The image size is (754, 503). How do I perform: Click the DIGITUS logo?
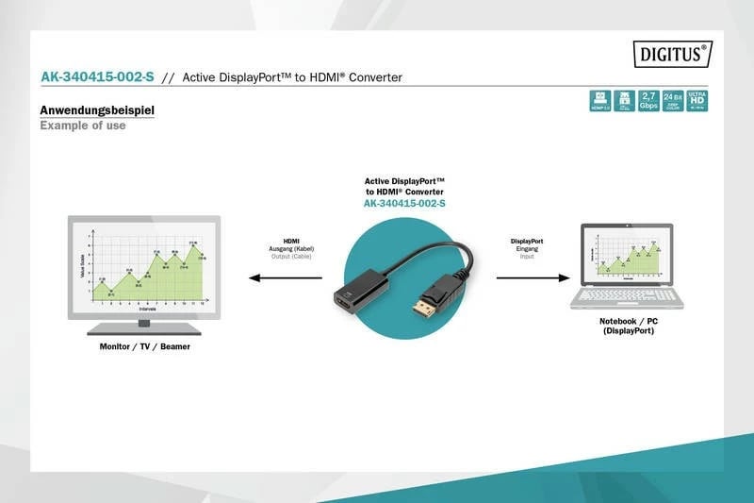coord(672,54)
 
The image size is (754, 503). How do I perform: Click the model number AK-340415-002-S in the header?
coord(97,76)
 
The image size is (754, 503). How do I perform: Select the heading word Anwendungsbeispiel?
coord(97,110)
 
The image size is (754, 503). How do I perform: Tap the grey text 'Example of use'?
coord(82,126)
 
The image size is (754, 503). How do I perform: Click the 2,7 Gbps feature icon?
coord(648,101)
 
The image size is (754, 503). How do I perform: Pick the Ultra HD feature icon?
coord(697,101)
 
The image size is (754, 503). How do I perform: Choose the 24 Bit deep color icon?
coord(673,101)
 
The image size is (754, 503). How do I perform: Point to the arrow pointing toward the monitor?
coord(282,277)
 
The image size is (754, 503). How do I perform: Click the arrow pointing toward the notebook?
coord(533,277)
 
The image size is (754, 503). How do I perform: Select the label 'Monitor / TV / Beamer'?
coord(144,346)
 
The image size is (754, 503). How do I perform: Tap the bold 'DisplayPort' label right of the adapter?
coord(527,241)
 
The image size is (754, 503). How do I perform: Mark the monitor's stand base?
coord(143,328)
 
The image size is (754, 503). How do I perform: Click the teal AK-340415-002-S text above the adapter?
coord(404,203)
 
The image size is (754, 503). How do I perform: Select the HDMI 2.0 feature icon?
coord(599,101)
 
